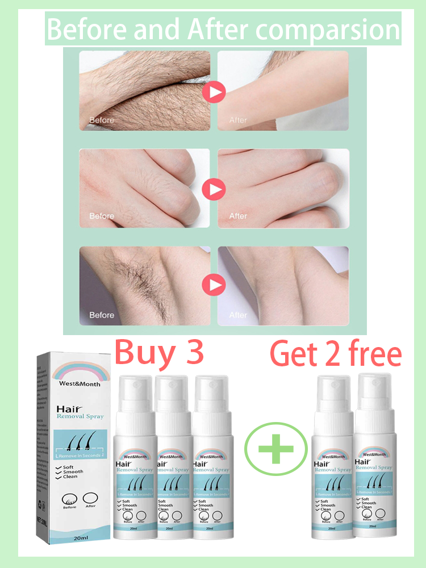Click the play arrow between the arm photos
(214, 91)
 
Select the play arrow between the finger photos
(214, 189)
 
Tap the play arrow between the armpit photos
(214, 285)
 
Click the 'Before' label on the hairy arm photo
(102, 120)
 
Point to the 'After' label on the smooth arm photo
(238, 120)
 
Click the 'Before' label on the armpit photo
(102, 315)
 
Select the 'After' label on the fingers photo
(238, 216)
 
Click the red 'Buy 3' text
(158, 354)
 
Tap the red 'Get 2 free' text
(335, 355)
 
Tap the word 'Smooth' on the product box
(73, 472)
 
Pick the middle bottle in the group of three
(171, 460)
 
